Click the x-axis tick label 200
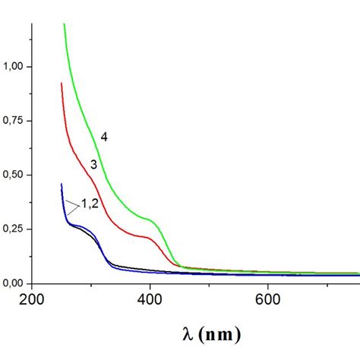coord(32,300)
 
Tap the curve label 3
coord(93,164)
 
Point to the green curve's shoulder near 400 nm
coord(152,221)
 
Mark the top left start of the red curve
coord(62,84)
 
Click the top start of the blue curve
coord(62,184)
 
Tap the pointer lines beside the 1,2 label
coord(73,204)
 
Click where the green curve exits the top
coord(64,24)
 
